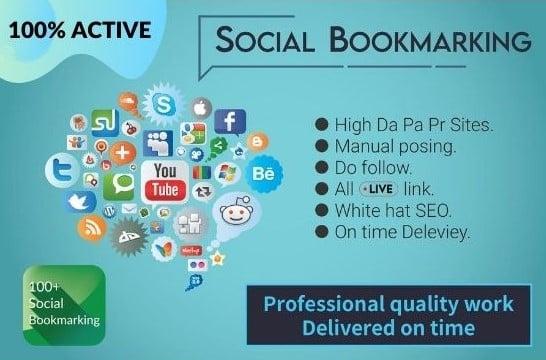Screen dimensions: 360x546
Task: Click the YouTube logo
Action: tap(165, 180)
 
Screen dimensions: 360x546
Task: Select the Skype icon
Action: tap(161, 103)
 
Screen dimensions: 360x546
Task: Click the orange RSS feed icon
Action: tap(93, 230)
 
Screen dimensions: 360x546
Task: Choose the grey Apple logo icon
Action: tap(200, 106)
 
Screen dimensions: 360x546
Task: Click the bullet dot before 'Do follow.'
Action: tap(322, 166)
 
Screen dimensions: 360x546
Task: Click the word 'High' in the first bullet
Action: tap(353, 124)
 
